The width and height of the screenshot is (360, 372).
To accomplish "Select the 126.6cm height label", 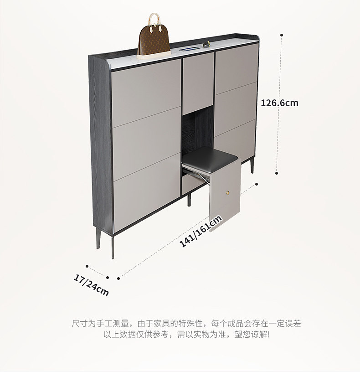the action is (279, 103).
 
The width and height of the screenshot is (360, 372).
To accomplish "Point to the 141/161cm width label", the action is (201, 231).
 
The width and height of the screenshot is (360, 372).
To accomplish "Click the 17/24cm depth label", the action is (91, 285).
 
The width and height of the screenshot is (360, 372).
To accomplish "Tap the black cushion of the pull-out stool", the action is (210, 158).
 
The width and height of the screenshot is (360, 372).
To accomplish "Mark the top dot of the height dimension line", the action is (282, 35).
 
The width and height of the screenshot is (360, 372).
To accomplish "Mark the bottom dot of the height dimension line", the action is (277, 173).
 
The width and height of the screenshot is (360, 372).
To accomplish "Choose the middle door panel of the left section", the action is (146, 144).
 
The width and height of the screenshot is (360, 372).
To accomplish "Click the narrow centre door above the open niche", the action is (198, 82).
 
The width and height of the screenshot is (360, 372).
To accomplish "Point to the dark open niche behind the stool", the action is (198, 130).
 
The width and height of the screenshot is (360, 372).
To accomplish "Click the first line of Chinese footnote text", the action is (186, 323).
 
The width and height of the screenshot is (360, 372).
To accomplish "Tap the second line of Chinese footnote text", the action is (186, 335).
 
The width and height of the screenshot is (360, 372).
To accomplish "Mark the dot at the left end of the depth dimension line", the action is (87, 265).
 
